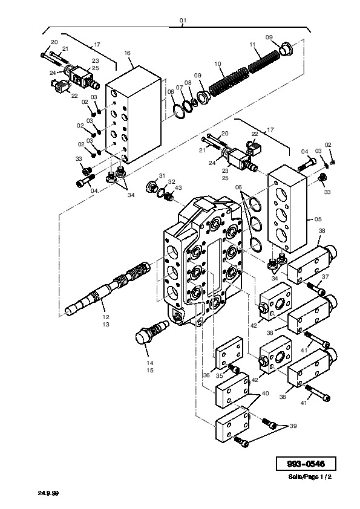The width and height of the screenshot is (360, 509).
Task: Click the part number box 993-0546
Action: (306, 464)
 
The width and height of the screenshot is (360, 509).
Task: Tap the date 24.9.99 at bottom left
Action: (48, 493)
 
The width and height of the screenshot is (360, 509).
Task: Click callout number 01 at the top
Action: (183, 21)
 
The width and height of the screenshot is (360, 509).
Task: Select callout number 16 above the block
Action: (127, 53)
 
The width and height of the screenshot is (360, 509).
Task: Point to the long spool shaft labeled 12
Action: (107, 287)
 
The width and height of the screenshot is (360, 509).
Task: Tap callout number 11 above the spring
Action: (253, 45)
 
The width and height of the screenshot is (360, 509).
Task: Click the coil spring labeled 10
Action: (229, 81)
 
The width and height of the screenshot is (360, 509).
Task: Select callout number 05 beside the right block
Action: (318, 219)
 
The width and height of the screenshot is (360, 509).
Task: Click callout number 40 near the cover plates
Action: (265, 394)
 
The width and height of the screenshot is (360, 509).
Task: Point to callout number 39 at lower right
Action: (293, 426)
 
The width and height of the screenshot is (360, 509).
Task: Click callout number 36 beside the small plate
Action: (207, 375)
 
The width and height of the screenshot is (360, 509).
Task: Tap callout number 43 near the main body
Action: (178, 188)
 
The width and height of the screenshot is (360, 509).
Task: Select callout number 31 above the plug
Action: (162, 176)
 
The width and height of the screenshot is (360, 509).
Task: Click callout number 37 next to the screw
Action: (326, 277)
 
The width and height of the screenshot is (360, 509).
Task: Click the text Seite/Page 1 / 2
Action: (310, 477)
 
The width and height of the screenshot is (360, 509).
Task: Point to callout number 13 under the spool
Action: (106, 324)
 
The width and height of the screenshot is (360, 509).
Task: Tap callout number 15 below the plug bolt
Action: (150, 371)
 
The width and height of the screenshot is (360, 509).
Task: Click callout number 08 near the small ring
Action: (188, 83)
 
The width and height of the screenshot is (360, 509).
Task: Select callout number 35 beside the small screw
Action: (220, 376)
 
